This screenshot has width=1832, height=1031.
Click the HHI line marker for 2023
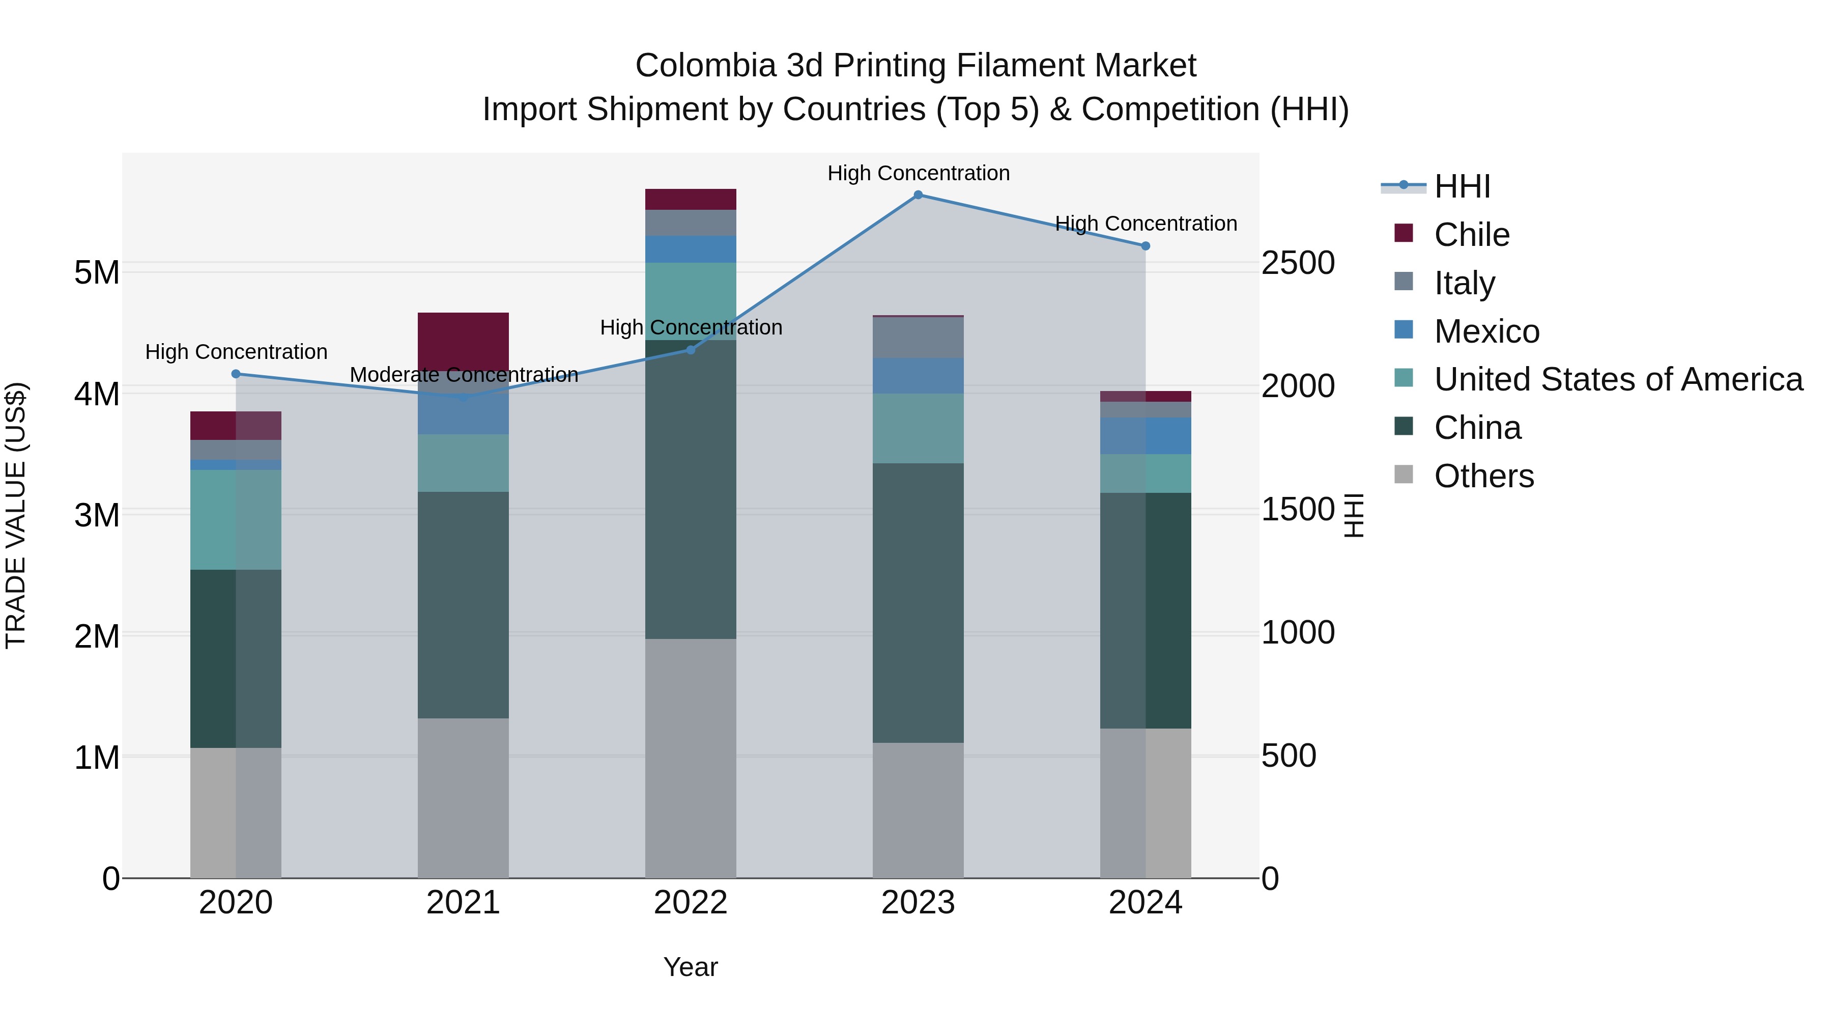click(x=918, y=195)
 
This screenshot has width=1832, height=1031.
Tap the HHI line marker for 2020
click(x=236, y=374)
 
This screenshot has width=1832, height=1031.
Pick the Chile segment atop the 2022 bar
click(x=691, y=199)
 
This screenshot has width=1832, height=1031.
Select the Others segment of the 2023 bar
click(x=918, y=811)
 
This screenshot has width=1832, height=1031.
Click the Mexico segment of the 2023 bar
click(x=918, y=376)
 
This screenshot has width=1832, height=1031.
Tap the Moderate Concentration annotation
click(x=464, y=375)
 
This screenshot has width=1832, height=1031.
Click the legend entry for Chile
click(x=1471, y=235)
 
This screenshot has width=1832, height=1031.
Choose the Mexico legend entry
click(x=1486, y=331)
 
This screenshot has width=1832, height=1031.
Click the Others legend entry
click(x=1483, y=477)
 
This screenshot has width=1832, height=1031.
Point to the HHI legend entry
click(x=1462, y=186)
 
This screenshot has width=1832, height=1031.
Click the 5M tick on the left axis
click(x=97, y=272)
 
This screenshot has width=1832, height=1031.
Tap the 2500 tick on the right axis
click(x=1298, y=263)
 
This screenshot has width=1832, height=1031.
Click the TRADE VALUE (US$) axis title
click(x=16, y=515)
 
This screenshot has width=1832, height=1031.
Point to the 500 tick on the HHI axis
click(x=1289, y=756)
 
